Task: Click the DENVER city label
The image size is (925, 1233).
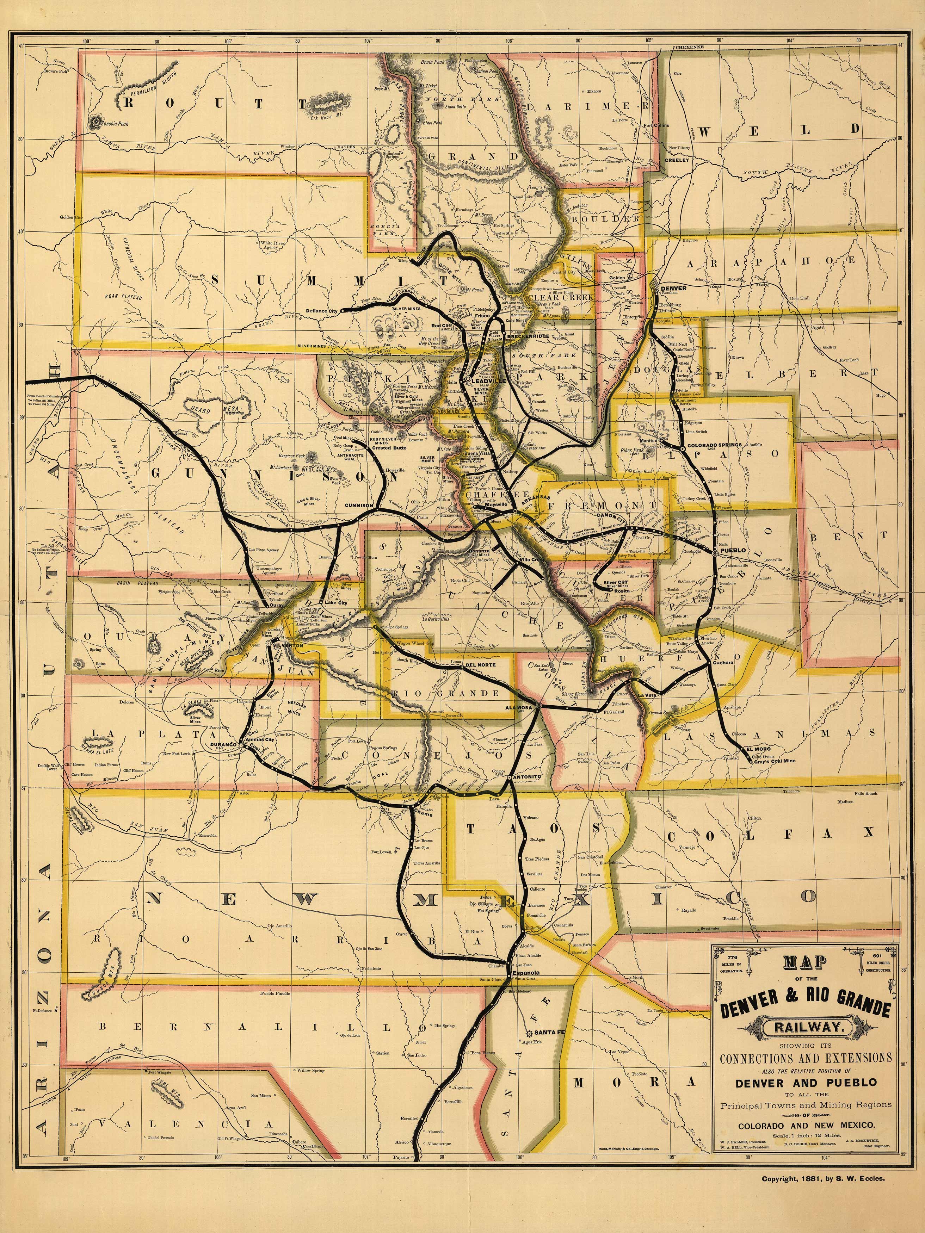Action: [673, 288]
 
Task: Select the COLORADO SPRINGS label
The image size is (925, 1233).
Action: [714, 445]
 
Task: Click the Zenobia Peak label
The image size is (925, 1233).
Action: [114, 123]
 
